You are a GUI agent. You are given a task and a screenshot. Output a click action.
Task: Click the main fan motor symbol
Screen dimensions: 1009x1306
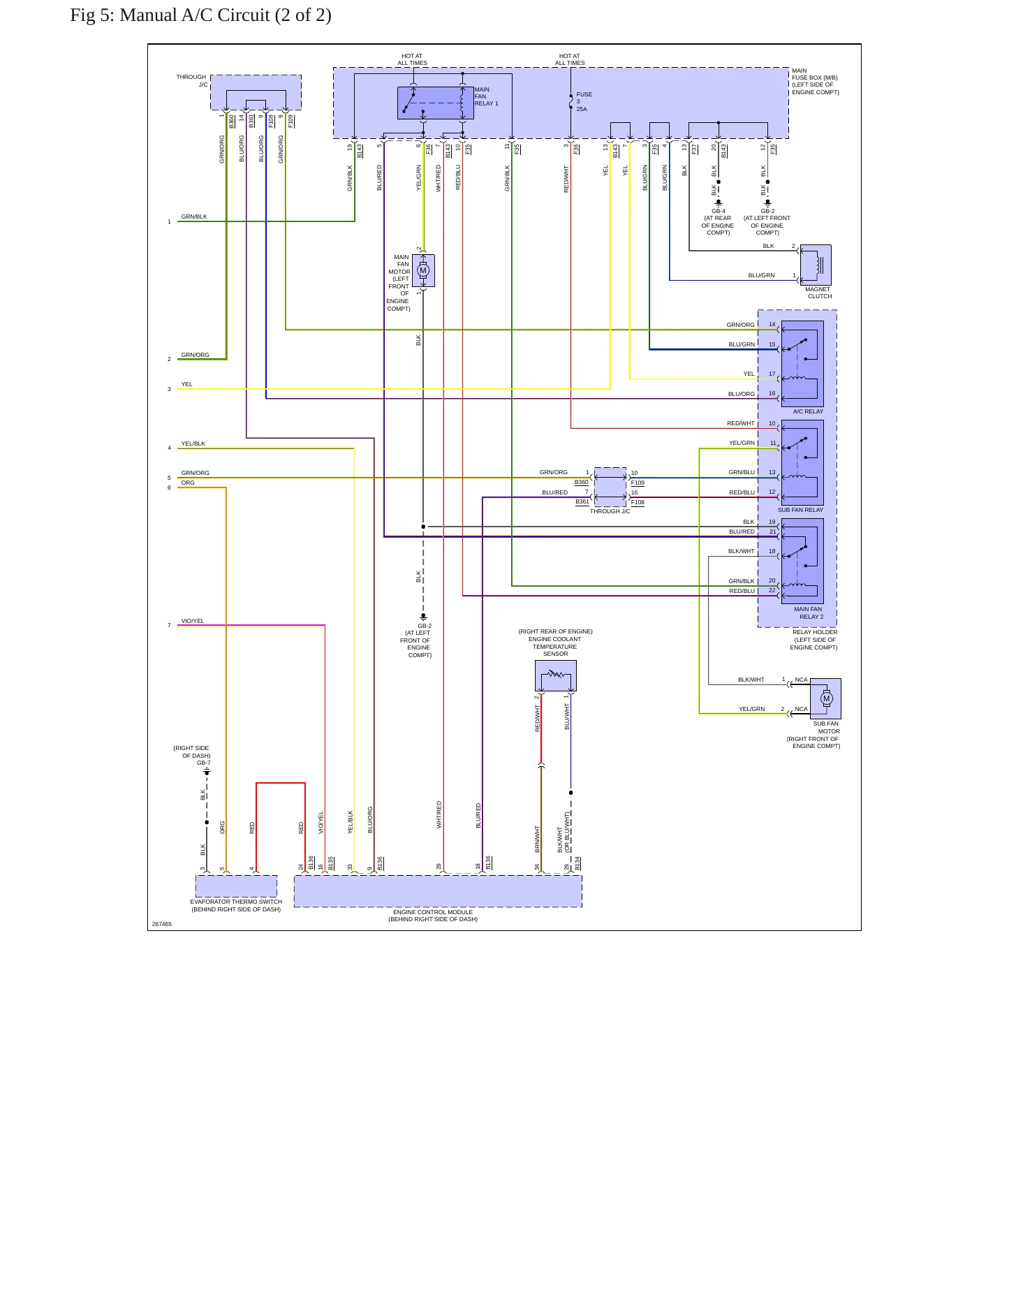tap(423, 271)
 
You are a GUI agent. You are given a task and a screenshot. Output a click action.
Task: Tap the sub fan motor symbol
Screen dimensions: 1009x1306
tap(826, 698)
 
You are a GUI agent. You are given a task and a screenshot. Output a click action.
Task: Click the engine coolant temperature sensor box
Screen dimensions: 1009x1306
tap(556, 676)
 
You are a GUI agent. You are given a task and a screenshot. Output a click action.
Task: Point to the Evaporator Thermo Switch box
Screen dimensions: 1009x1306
tap(236, 886)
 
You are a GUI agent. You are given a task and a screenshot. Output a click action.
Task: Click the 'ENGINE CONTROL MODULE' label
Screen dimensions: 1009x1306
tap(433, 912)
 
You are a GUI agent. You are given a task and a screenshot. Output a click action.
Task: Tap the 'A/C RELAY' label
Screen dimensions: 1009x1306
tap(808, 411)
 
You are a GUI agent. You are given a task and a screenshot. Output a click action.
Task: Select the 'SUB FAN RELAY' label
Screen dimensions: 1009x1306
tap(800, 510)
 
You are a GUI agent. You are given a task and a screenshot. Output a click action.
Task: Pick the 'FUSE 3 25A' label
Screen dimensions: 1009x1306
tap(584, 102)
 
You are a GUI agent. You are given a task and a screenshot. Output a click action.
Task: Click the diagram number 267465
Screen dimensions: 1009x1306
tap(162, 924)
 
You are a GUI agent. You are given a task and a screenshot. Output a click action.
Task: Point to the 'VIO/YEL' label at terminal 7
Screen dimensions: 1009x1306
tap(193, 621)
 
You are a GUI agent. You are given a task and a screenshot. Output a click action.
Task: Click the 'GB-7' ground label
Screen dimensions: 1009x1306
tap(203, 763)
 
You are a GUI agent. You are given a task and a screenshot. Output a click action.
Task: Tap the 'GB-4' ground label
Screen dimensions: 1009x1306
tap(719, 211)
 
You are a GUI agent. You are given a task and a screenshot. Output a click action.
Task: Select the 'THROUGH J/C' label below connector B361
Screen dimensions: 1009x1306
tap(610, 511)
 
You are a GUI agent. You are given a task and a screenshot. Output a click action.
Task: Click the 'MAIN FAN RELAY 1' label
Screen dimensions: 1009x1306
tap(486, 96)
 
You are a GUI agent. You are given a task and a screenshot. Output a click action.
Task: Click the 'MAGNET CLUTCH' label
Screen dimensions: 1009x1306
tap(818, 293)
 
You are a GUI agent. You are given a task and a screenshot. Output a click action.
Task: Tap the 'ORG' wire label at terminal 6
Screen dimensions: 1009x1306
tap(188, 483)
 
